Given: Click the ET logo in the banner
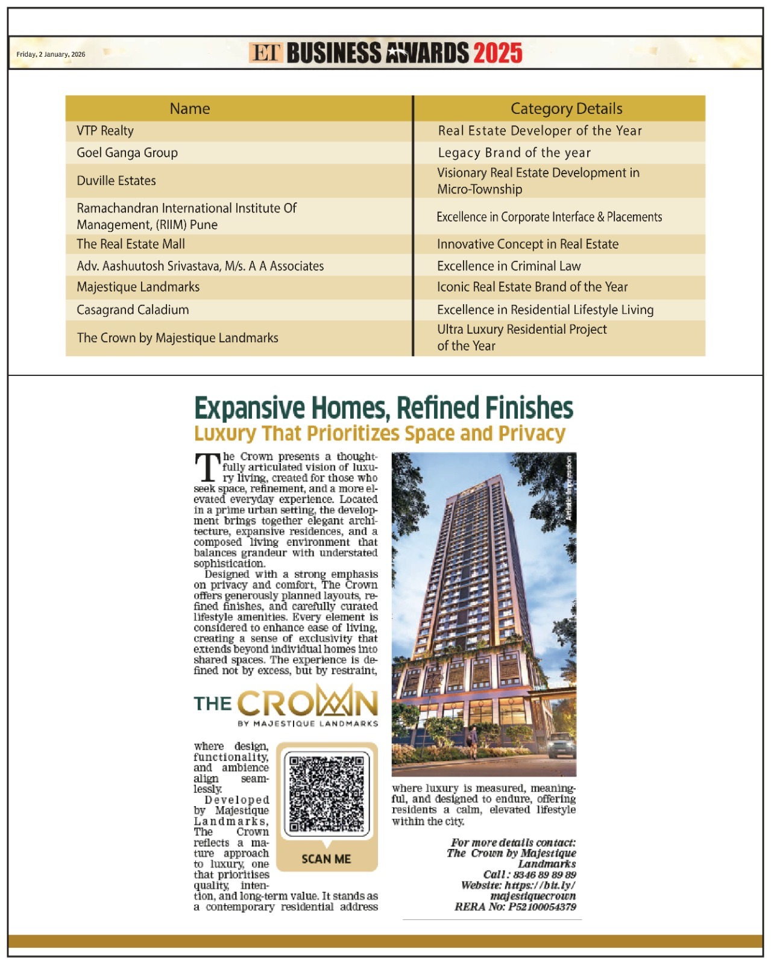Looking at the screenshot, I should click(265, 53).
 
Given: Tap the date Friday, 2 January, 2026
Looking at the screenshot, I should click(51, 54).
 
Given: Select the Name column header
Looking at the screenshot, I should click(190, 108).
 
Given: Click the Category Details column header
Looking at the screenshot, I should click(566, 108).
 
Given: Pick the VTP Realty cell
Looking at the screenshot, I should click(105, 131).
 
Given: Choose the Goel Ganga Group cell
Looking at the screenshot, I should click(127, 152).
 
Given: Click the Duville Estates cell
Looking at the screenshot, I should click(116, 181).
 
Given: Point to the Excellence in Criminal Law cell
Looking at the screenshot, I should click(509, 266).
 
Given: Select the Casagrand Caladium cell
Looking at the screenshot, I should click(133, 310).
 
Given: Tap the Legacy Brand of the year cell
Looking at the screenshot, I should click(514, 152).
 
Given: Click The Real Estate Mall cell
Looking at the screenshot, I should click(131, 244).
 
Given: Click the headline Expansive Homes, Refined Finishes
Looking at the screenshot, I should click(383, 408).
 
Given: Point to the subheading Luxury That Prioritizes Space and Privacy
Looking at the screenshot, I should click(380, 433).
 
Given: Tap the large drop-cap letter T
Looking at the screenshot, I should click(207, 468).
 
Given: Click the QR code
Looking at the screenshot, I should click(326, 793).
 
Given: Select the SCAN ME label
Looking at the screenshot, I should click(326, 859).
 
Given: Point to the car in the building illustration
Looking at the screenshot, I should click(561, 745).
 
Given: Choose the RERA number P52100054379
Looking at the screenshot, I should click(541, 907).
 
